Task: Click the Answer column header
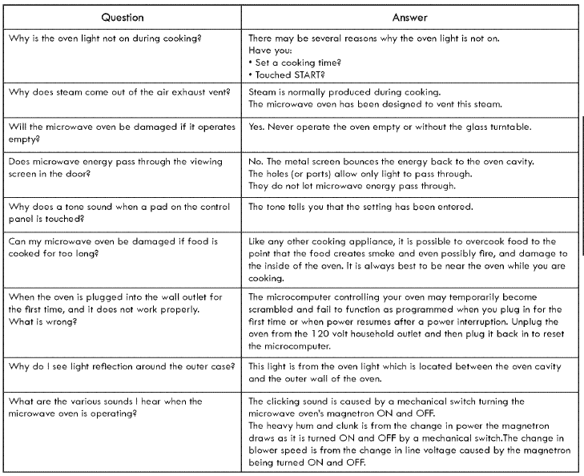coord(409,16)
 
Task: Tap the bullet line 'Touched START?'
coord(285,71)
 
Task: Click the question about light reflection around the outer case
coord(121,366)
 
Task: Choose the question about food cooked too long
coord(112,246)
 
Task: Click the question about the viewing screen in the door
coord(115,167)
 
